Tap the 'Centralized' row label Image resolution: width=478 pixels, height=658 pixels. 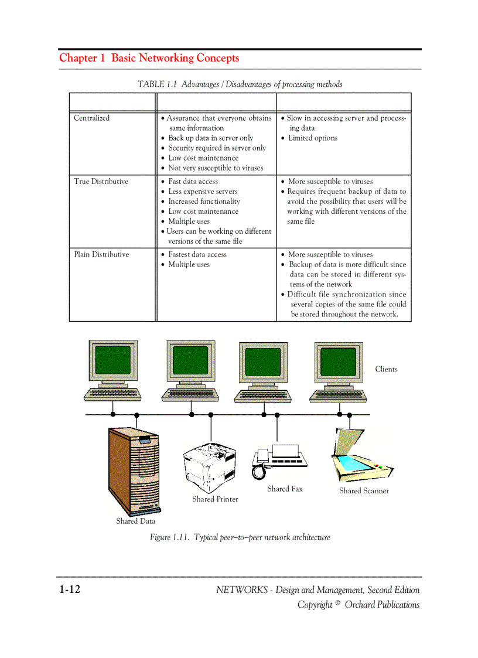tap(91, 118)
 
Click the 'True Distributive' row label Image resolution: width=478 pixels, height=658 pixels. tap(101, 182)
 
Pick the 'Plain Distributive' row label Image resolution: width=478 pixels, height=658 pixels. tap(101, 254)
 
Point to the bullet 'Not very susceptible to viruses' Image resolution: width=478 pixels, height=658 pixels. tap(216, 168)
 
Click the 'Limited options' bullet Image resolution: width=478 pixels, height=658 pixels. tap(312, 138)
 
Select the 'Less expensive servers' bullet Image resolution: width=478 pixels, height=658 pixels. tap(203, 192)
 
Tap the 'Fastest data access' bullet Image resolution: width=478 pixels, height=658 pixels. tap(197, 254)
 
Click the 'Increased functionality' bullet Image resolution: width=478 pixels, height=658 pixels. tap(204, 202)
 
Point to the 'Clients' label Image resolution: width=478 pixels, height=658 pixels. tap(386, 369)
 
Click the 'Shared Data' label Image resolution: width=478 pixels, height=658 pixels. tap(135, 521)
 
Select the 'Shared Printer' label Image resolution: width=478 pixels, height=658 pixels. tap(215, 499)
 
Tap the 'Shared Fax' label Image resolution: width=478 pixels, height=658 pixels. tap(285, 489)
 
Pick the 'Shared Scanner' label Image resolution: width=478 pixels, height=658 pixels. tap(364, 491)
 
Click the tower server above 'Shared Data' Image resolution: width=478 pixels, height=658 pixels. tap(134, 469)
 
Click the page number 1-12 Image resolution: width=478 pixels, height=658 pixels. tap(69, 589)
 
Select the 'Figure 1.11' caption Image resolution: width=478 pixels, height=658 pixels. tap(240, 537)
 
